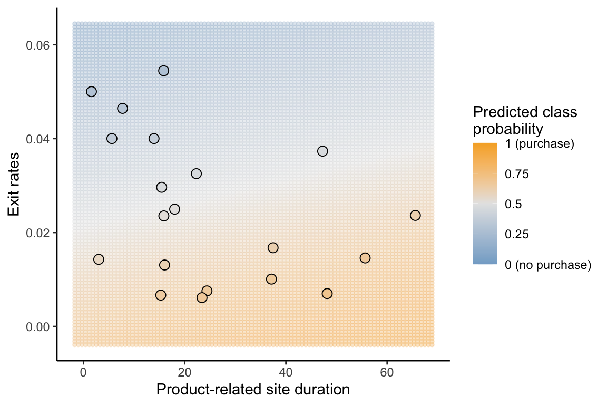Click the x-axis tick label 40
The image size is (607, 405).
click(x=286, y=372)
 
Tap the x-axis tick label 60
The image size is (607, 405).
click(x=387, y=372)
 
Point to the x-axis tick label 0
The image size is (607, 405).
click(x=83, y=372)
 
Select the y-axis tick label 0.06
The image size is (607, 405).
click(x=38, y=45)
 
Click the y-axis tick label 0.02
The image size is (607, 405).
click(x=38, y=233)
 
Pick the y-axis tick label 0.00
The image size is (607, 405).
click(x=38, y=327)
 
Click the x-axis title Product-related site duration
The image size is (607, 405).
click(x=253, y=390)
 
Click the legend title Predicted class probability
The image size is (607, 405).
click(x=525, y=120)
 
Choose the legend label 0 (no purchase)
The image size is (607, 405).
click(x=548, y=265)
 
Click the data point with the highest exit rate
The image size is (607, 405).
click(x=164, y=71)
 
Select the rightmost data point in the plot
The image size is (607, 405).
click(x=415, y=215)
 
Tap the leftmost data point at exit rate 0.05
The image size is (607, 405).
click(x=91, y=92)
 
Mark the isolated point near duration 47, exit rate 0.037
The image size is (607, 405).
click(x=322, y=151)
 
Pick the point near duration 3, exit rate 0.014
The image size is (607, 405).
click(x=99, y=259)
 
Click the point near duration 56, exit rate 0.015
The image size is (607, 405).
click(x=365, y=258)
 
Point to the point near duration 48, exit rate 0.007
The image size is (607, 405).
click(x=327, y=294)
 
